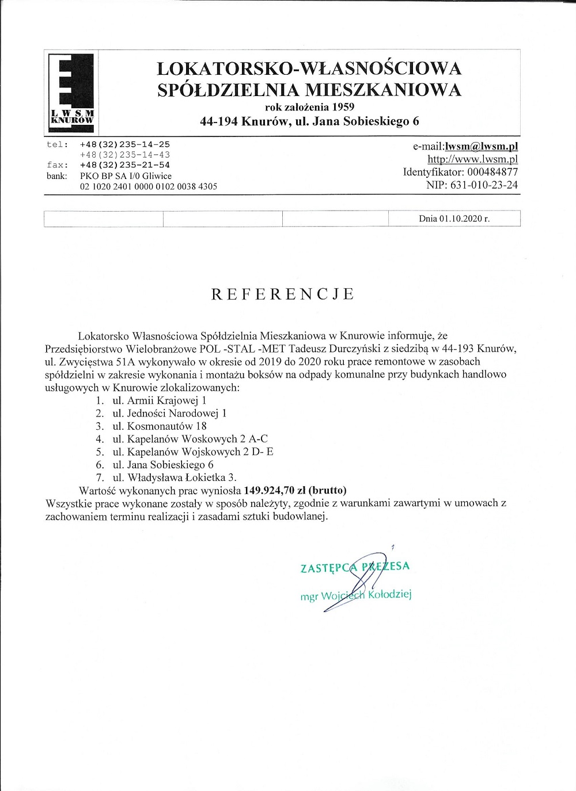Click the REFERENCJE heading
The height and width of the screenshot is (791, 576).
coord(283,294)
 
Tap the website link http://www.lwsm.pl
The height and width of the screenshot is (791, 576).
coord(473,159)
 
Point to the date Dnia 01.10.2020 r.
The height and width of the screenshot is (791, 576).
coord(454,219)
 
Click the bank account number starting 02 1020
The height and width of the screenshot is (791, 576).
coord(148,186)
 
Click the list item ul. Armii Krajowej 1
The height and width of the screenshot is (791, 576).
coord(159,400)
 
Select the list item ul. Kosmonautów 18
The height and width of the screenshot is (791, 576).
coord(160,426)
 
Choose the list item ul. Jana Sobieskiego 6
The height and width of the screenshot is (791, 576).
coord(163,464)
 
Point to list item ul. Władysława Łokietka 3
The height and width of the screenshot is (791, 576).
coord(175,477)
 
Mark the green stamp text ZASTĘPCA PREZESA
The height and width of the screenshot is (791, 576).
coord(355,567)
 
